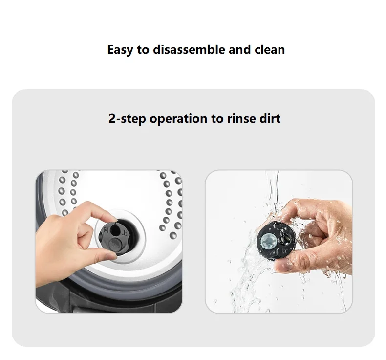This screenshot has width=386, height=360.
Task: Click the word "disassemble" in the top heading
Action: pos(189,49)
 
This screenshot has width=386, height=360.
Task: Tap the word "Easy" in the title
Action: pos(120,50)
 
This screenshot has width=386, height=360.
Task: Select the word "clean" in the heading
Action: pos(270,49)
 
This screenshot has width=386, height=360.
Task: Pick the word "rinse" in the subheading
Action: pos(238,118)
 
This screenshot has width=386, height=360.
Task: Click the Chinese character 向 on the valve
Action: pos(106,230)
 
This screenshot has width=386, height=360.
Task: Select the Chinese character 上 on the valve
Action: pos(125,232)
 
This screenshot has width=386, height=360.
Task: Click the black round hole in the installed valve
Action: pos(115,230)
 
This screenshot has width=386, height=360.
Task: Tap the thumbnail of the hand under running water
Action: pos(281,266)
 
